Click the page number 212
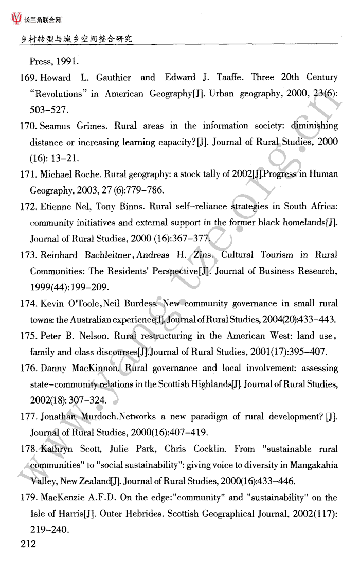[x=28, y=544]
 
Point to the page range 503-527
[x=49, y=110]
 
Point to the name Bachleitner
[x=110, y=255]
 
